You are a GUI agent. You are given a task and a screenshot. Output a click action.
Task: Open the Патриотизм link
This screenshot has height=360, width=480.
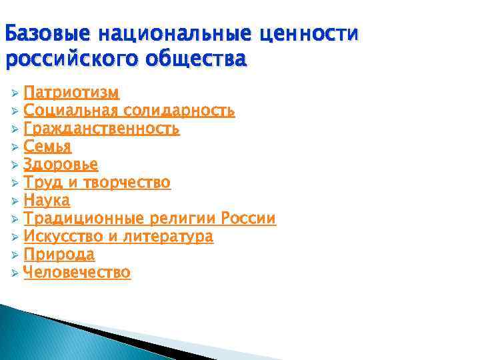(71, 91)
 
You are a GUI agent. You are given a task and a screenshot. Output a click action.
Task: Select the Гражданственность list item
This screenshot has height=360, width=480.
(101, 128)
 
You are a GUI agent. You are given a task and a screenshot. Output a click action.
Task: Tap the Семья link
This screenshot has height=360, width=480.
(47, 146)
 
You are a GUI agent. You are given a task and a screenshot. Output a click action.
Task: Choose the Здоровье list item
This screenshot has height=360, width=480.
(61, 164)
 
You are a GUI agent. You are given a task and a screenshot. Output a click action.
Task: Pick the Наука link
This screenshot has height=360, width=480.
(47, 200)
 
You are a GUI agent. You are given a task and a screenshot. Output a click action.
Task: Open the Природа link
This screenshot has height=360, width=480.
(59, 254)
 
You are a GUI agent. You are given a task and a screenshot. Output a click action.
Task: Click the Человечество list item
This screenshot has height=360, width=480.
(77, 272)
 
